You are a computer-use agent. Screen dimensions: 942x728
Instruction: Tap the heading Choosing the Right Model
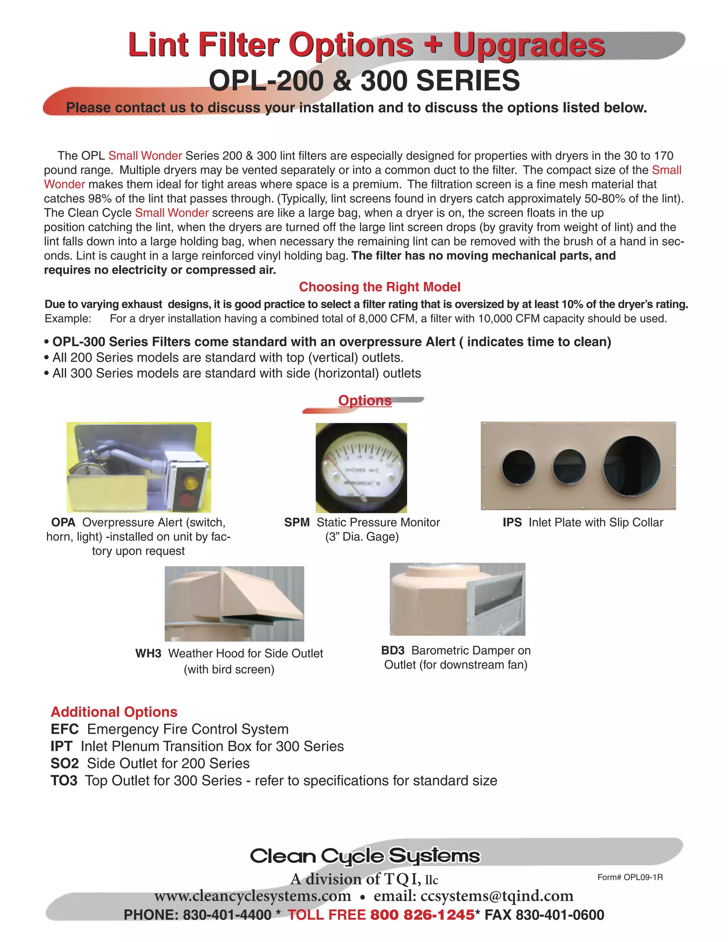point(380,287)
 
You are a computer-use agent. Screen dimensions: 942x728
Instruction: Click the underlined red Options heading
point(365,400)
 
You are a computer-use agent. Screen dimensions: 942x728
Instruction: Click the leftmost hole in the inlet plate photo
point(518,467)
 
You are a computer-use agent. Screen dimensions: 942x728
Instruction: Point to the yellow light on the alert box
point(188,480)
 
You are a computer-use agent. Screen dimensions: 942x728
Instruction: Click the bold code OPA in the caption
point(63,522)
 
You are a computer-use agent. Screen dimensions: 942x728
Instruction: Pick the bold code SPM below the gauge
point(297,522)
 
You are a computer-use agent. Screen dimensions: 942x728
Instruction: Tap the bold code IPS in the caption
point(512,522)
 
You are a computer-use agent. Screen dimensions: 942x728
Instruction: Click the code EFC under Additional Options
point(64,729)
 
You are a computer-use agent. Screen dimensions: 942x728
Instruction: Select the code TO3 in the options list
point(64,781)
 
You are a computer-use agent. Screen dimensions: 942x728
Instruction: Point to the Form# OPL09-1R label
point(630,877)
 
